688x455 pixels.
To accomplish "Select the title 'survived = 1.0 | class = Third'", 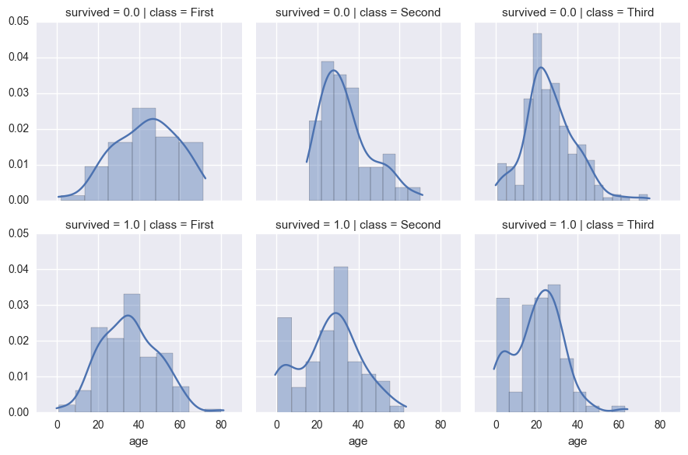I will click(x=577, y=225).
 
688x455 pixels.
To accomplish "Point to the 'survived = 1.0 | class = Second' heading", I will click(x=358, y=225).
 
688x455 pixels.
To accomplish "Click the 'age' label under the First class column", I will click(x=139, y=441).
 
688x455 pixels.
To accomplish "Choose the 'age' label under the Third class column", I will click(x=577, y=441).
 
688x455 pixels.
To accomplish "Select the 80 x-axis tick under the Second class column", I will click(x=440, y=425).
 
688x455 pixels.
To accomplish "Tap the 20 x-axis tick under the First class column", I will click(x=98, y=425).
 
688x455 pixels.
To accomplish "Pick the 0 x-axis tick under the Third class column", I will click(x=496, y=425).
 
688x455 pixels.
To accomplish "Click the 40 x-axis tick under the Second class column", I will click(x=358, y=425).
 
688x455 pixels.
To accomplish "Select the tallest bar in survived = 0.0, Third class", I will click(x=537, y=117).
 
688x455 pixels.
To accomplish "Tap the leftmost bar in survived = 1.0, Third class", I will click(x=503, y=355).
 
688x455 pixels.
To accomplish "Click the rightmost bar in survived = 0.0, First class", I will click(x=191, y=171).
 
